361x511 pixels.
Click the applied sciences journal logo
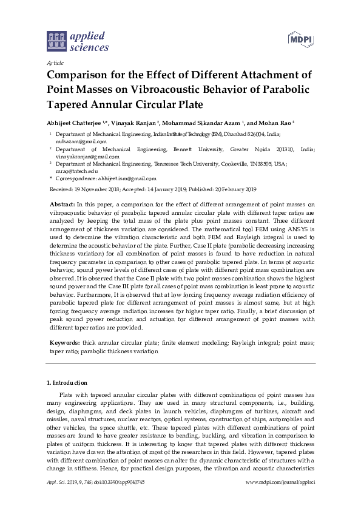pos(77,41)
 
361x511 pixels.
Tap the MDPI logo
pos(300,39)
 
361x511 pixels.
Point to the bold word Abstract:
pos(62,205)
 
